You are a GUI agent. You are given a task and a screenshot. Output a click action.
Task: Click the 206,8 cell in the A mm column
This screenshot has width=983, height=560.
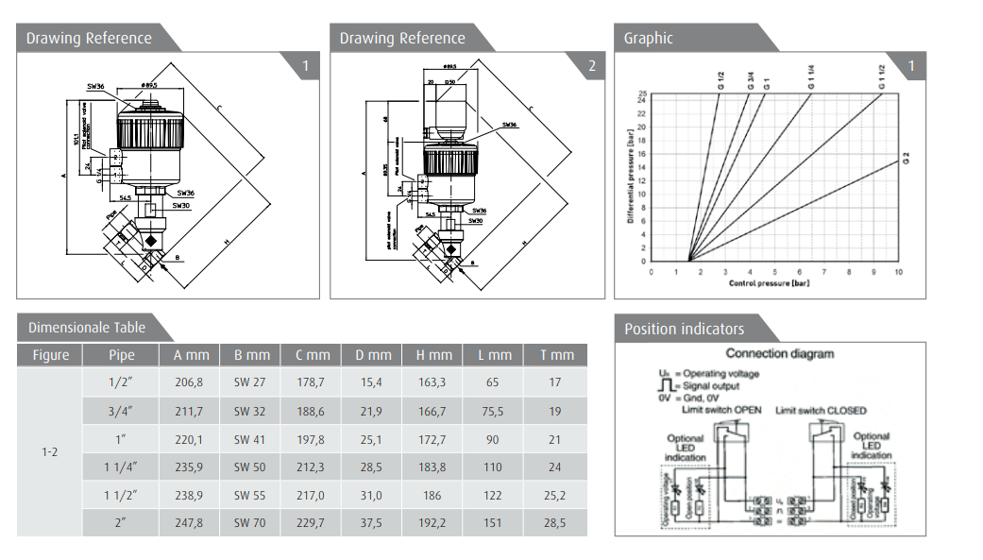click(189, 382)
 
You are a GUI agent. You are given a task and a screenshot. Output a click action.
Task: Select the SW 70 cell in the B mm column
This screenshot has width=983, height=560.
click(251, 522)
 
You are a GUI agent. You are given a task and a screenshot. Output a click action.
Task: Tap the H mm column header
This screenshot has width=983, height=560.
click(434, 355)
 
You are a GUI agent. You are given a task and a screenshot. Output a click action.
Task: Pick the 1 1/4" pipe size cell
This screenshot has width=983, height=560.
click(122, 467)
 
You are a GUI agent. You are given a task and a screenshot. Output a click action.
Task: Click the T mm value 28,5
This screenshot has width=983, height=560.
click(555, 522)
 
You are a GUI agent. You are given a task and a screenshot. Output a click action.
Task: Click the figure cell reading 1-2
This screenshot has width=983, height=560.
click(50, 452)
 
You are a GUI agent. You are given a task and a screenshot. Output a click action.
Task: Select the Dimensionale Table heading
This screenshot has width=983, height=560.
click(87, 328)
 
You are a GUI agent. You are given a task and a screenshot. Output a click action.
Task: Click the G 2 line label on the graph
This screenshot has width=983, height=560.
click(906, 158)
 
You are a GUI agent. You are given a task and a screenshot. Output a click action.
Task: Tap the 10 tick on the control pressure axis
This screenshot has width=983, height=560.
click(898, 272)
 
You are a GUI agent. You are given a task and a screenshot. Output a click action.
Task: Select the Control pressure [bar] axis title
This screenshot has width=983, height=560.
click(770, 283)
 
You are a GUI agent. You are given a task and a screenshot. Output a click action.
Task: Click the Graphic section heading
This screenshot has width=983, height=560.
click(648, 39)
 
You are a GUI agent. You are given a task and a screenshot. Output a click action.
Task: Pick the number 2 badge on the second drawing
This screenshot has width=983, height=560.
click(592, 66)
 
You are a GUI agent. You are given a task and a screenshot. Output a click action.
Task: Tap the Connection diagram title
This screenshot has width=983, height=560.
click(780, 353)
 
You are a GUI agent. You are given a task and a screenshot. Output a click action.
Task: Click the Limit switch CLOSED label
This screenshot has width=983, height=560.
click(820, 411)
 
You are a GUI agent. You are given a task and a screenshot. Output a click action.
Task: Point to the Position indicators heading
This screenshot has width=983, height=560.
click(684, 329)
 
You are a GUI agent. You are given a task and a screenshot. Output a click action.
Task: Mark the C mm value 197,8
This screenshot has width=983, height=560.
click(313, 438)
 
